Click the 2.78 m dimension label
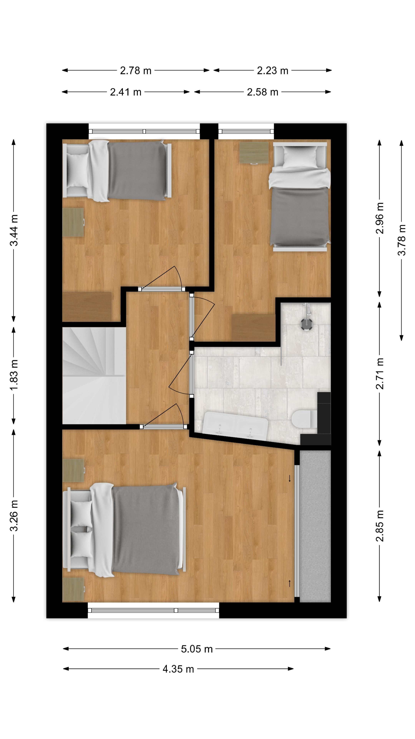pos(135,71)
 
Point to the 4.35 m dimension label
pos(178,669)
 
